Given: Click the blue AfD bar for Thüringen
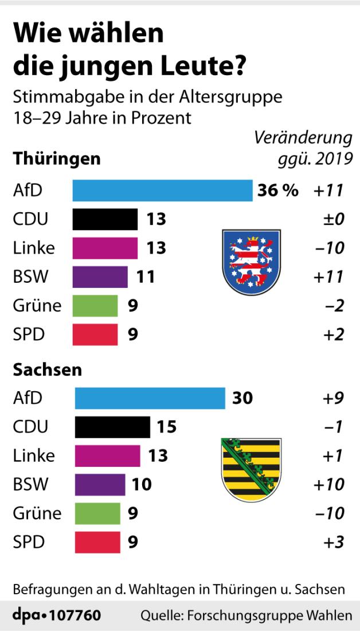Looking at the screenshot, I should (162, 191).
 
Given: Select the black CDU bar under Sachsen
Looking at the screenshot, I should (112, 427).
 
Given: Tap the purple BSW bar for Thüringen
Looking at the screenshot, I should (100, 276).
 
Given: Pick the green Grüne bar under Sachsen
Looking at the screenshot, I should (97, 512).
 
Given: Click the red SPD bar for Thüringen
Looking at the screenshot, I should (95, 334).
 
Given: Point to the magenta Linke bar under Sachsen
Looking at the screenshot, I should (107, 455).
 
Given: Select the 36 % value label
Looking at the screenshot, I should (277, 191).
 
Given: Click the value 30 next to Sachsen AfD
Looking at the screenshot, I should (242, 398).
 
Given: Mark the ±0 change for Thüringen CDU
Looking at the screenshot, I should (332, 220).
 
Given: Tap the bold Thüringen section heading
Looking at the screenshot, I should (57, 158).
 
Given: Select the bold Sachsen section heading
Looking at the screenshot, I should (48, 369).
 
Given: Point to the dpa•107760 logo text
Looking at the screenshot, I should (57, 616).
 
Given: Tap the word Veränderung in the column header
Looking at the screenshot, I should (303, 139).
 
